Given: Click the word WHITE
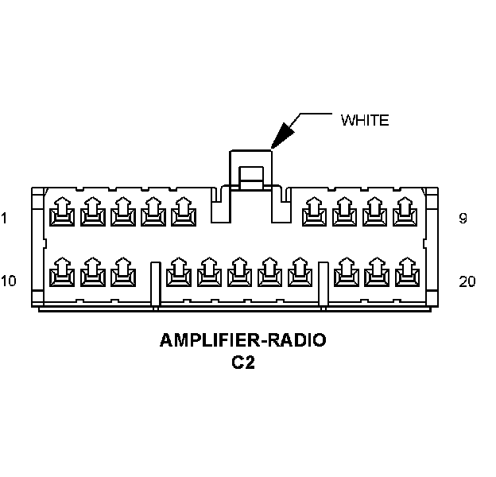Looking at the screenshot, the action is pyautogui.click(x=365, y=120).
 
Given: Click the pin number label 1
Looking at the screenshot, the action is pyautogui.click(x=4, y=218).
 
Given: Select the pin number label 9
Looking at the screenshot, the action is pyautogui.click(x=463, y=218).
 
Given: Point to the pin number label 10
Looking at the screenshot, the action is pyautogui.click(x=8, y=281).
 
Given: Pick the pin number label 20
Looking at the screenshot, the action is pyautogui.click(x=467, y=281).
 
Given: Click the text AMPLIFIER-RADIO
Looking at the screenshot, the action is pyautogui.click(x=243, y=340).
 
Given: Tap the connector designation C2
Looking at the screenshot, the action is pyautogui.click(x=243, y=363).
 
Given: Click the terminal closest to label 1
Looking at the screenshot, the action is pyautogui.click(x=62, y=211).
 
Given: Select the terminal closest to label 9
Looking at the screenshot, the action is pyautogui.click(x=405, y=211).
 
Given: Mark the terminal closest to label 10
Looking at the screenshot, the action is pyautogui.click(x=62, y=272).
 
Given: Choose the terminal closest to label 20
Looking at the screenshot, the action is pyautogui.click(x=408, y=272).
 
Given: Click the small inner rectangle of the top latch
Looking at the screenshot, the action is pyautogui.click(x=251, y=173).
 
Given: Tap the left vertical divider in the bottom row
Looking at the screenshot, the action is pyautogui.click(x=155, y=284).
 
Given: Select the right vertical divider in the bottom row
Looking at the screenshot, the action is pyautogui.click(x=323, y=284).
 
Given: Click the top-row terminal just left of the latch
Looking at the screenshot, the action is pyautogui.click(x=184, y=211).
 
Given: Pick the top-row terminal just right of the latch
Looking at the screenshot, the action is pyautogui.click(x=315, y=211).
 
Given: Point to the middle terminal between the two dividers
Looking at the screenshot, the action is pyautogui.click(x=239, y=272).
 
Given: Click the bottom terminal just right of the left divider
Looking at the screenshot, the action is pyautogui.click(x=179, y=272).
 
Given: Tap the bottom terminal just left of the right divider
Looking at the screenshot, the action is pyautogui.click(x=300, y=272).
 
